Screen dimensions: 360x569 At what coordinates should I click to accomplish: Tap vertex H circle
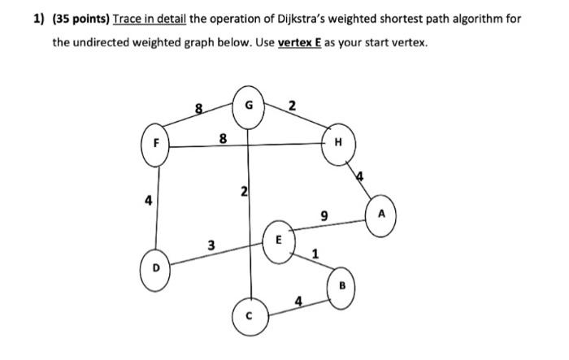[x=338, y=143]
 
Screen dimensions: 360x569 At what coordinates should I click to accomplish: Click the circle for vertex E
[x=277, y=241]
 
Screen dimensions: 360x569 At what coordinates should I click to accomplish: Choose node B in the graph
[x=341, y=286]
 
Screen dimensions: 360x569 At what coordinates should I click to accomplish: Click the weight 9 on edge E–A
[x=324, y=216]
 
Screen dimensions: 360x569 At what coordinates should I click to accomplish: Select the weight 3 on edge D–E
[x=211, y=244]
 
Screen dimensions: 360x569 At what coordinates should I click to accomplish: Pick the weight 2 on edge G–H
[x=292, y=104]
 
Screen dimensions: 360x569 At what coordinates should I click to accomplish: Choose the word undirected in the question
[x=111, y=41]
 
